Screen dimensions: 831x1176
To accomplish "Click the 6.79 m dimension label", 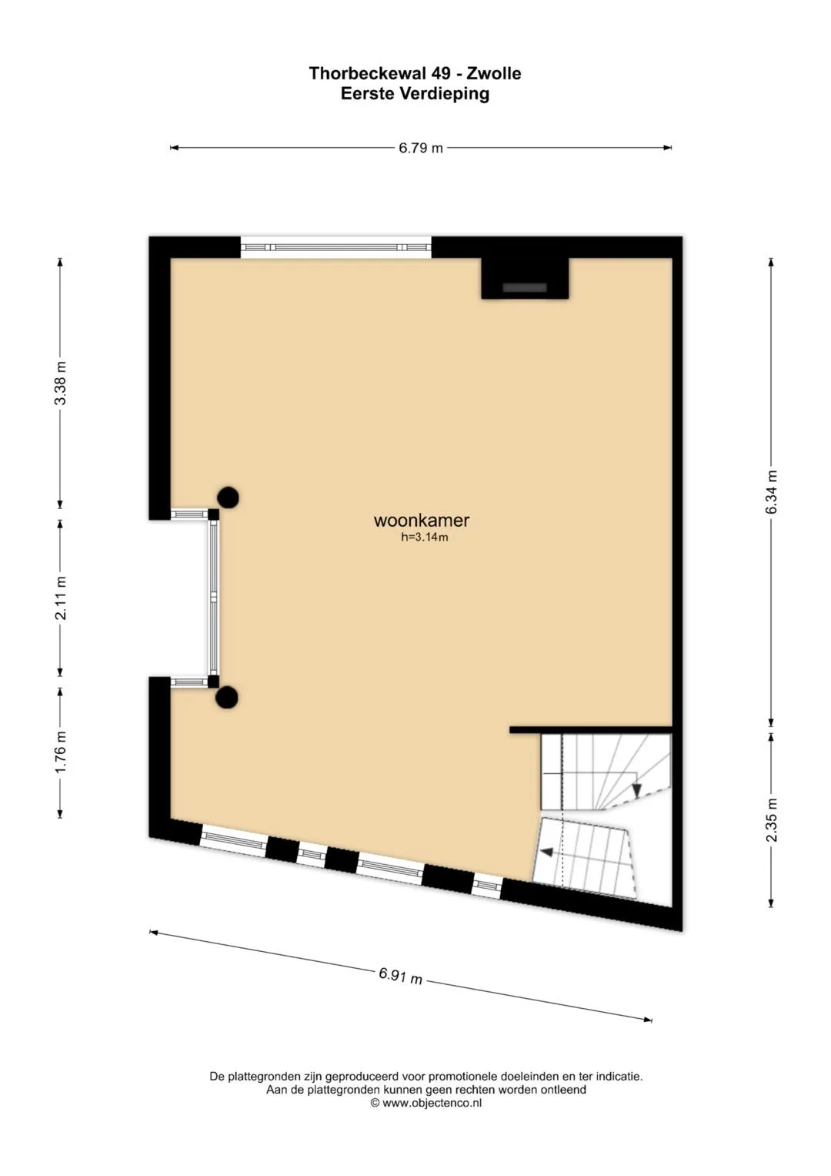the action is (421, 148).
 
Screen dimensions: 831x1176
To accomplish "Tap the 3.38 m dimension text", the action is (61, 384).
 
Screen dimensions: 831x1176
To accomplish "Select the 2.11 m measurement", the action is (61, 598).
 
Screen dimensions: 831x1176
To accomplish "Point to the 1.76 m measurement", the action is (61, 752).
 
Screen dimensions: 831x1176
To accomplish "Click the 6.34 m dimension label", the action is (771, 492).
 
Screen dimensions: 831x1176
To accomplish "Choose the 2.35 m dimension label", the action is (771, 819).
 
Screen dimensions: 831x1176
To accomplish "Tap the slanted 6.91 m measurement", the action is (401, 976).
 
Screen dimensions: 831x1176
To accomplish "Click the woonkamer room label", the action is (422, 521).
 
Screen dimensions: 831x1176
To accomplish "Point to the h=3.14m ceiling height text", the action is (424, 537).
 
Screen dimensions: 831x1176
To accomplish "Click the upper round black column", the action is (229, 497).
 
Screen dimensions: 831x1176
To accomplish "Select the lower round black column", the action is (228, 697).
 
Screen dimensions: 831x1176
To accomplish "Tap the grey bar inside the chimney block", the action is (525, 288).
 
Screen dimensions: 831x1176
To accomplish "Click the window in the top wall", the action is (335, 246).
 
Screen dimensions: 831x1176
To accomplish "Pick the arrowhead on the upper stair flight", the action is (637, 789).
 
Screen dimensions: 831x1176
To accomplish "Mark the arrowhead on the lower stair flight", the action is (546, 853).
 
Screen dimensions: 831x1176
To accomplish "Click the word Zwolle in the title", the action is (494, 73).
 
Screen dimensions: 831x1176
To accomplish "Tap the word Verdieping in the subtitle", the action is (445, 94).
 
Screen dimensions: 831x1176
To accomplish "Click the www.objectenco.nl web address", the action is (432, 1103).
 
